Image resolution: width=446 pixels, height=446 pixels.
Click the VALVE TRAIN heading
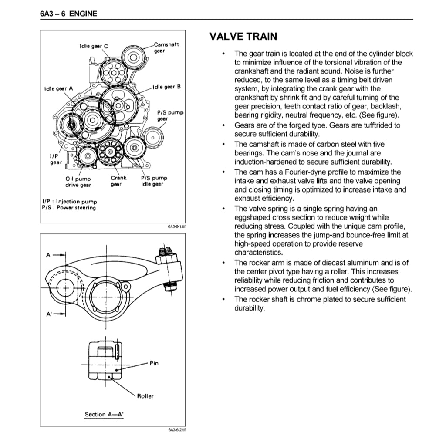click(243, 37)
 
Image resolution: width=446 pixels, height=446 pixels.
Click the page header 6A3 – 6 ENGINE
click(68, 14)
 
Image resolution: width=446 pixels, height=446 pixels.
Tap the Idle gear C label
click(94, 46)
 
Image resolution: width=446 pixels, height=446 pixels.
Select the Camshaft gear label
click(166, 47)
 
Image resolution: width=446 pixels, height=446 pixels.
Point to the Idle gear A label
click(59, 88)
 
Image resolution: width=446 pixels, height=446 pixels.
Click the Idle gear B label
click(166, 87)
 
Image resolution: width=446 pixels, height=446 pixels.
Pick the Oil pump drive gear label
click(78, 182)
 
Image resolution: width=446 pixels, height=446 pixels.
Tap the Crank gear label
click(118, 181)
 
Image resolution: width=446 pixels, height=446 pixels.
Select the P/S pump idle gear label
click(154, 181)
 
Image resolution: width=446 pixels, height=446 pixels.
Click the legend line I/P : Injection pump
click(70, 202)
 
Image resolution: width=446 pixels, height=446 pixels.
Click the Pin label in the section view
click(154, 363)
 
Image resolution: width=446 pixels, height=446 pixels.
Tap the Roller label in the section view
click(145, 396)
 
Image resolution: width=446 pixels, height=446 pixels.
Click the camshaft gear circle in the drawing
click(133, 57)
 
